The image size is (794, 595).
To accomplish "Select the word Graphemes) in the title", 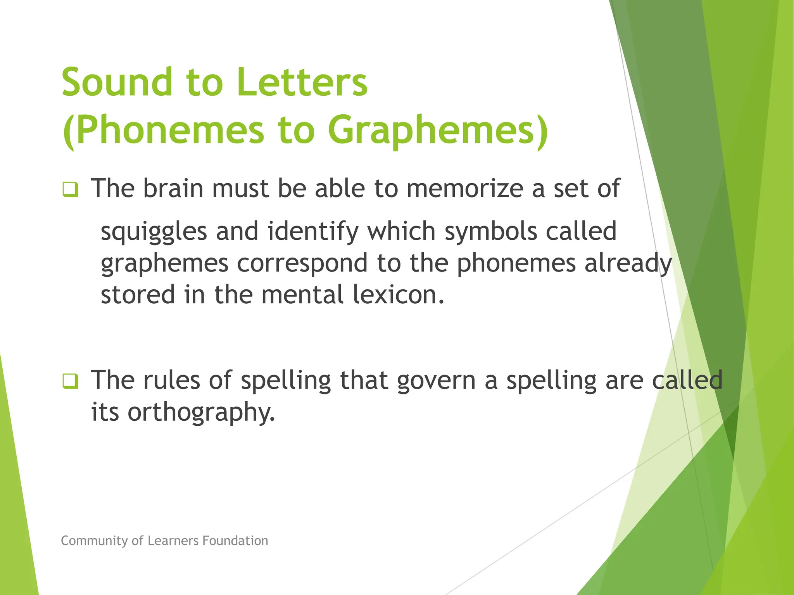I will point(438,130).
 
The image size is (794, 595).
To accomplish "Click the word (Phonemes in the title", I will point(163,130).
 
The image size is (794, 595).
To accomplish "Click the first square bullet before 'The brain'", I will point(70,189).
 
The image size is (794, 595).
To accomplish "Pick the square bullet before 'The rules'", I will point(70,381).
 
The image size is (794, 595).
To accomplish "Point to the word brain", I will point(173,188).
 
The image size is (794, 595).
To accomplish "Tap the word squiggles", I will point(154,232).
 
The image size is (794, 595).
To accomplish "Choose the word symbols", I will point(490,232).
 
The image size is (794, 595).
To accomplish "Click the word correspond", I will point(302,263).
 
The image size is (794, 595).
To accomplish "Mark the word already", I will point(628,263).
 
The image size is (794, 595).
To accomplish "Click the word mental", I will point(302,295).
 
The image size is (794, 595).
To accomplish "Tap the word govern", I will point(436,380).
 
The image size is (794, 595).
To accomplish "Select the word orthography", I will point(201,412).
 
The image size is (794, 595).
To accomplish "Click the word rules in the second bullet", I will point(172,380).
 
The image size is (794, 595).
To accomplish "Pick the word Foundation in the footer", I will point(235,540).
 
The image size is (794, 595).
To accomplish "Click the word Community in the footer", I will point(95,540).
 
